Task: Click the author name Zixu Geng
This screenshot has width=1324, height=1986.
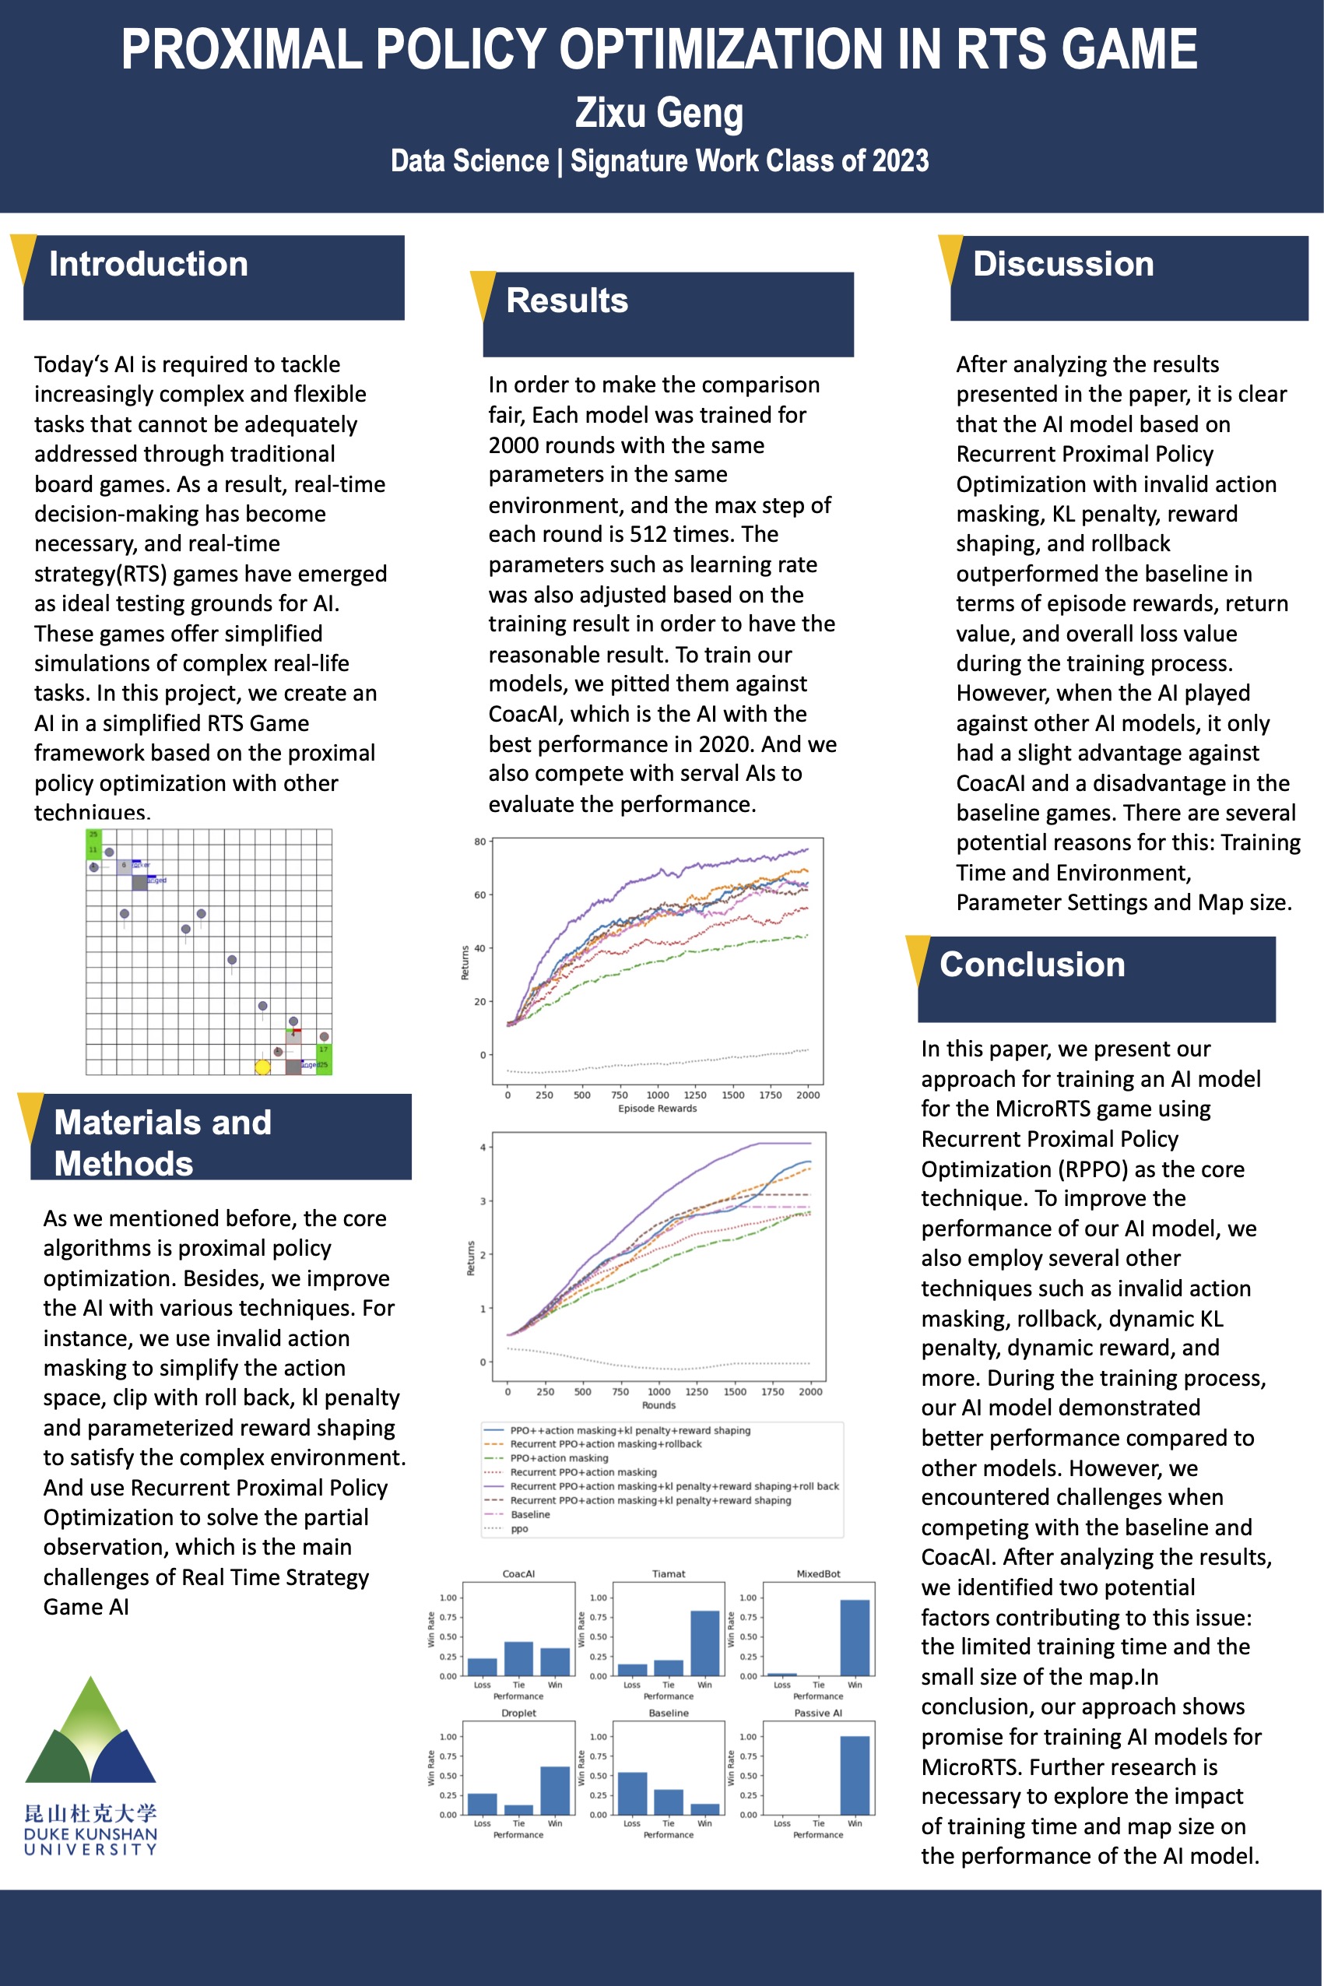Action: [x=658, y=113]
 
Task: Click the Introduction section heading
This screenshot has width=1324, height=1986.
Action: [x=149, y=264]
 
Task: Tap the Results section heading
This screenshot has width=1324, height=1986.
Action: [x=567, y=301]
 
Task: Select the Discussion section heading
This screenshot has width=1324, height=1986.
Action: [x=1062, y=264]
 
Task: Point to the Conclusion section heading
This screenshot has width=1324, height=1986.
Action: [x=1032, y=965]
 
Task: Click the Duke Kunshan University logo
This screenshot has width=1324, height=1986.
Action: [x=90, y=1765]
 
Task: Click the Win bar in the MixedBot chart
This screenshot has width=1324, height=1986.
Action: [x=855, y=1637]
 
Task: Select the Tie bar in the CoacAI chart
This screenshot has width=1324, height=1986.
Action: [x=518, y=1658]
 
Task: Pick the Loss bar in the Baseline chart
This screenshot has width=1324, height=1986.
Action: [x=633, y=1794]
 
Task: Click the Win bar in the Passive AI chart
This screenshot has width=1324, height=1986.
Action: [x=855, y=1775]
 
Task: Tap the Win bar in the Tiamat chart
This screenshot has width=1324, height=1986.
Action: [x=705, y=1643]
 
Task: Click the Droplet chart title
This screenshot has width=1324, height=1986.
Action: [x=518, y=1714]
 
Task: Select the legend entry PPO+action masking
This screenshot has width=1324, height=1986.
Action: [x=559, y=1458]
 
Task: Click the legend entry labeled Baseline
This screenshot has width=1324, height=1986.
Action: [x=530, y=1515]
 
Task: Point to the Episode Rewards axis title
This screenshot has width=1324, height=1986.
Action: [x=657, y=1109]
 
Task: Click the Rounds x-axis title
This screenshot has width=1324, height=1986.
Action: [x=658, y=1405]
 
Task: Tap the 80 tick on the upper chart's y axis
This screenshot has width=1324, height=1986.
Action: [x=479, y=842]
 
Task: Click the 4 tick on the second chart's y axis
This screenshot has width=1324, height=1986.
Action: [x=483, y=1148]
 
